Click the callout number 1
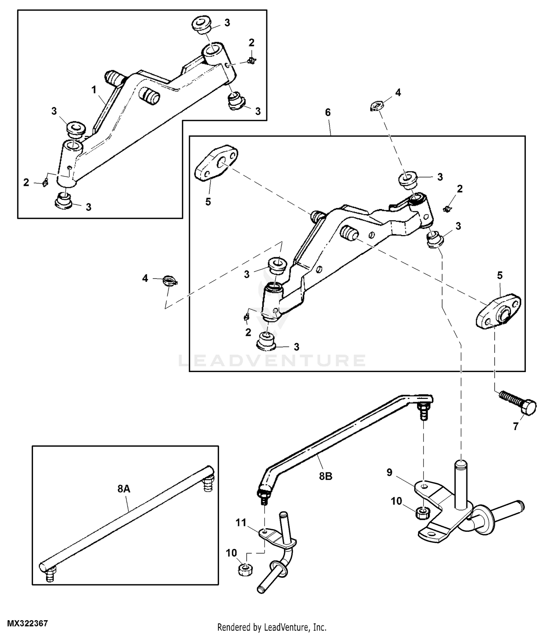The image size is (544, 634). point(94,89)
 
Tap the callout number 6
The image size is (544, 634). point(328,112)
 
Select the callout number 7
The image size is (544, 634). point(515,427)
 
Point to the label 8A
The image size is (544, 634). point(124,489)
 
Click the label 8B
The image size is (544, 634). point(326,476)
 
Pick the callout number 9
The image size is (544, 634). point(389,472)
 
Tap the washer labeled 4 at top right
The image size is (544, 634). point(375,107)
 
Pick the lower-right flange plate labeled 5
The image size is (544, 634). point(498,312)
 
